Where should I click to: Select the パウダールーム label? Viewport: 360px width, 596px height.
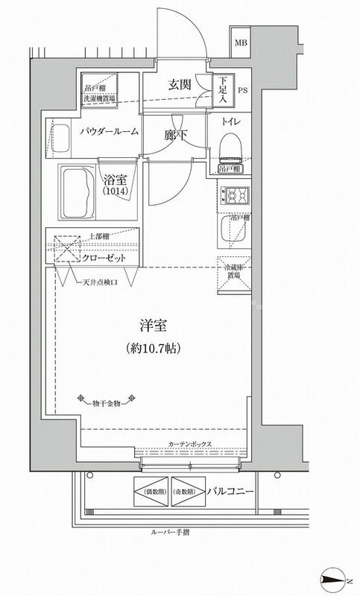[x=109, y=131]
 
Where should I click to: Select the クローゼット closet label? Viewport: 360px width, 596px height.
[x=104, y=257]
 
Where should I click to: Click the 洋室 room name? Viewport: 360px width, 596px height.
[x=151, y=326]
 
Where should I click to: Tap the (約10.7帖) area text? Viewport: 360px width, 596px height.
[x=151, y=348]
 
